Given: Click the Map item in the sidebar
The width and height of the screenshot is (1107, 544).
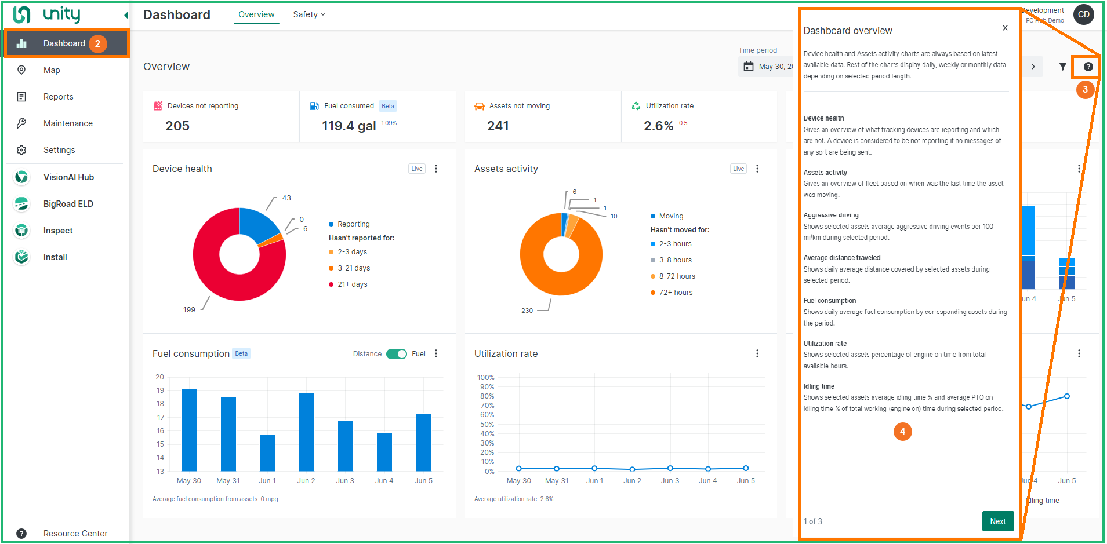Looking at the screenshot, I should [51, 70].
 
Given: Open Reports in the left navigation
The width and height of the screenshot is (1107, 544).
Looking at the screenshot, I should [58, 97].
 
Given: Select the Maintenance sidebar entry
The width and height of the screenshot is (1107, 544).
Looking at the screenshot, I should [67, 123].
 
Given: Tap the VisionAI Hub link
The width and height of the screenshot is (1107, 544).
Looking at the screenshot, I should [68, 177].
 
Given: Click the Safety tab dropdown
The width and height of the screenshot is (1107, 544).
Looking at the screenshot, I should [308, 14].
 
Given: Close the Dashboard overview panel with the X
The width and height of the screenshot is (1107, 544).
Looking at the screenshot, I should [1005, 28].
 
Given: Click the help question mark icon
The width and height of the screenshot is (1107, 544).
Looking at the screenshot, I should [1088, 67].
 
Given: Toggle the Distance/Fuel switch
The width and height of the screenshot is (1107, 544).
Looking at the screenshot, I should [397, 354].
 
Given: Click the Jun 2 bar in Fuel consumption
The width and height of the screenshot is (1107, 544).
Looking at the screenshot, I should [306, 432].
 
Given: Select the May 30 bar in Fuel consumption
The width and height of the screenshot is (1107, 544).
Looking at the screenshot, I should [189, 430].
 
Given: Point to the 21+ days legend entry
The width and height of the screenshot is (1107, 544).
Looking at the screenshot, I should [352, 284].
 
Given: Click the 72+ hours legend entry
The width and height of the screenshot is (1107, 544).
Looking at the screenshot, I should [675, 293].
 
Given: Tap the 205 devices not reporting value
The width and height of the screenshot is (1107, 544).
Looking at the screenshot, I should [177, 126].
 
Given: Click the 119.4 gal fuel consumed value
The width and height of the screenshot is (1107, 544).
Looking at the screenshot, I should [349, 126].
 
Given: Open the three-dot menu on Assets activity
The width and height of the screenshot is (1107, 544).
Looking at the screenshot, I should [757, 169].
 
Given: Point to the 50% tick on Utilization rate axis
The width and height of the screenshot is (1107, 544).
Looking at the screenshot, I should [487, 425].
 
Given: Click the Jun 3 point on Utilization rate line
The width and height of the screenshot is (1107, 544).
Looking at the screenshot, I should [670, 468].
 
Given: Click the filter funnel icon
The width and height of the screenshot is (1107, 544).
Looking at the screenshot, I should [1062, 67].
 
